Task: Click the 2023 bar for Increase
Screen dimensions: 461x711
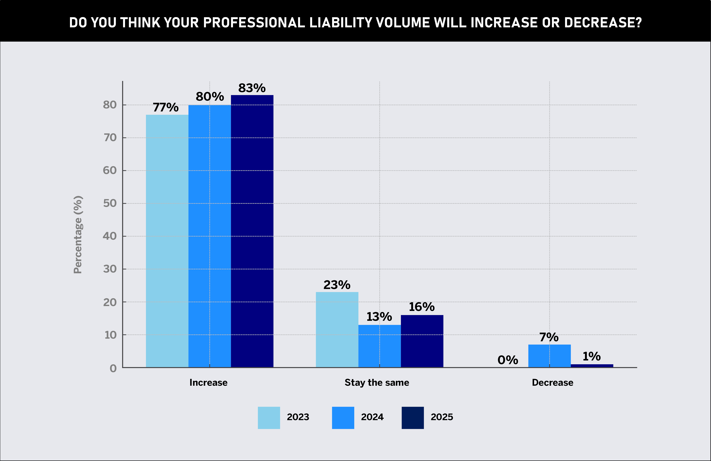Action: (x=167, y=241)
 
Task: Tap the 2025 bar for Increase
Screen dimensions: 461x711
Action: (x=252, y=231)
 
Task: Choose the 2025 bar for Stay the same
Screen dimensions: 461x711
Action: (x=422, y=341)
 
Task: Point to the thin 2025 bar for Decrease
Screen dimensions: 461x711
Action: (x=592, y=366)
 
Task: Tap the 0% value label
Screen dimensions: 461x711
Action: (x=508, y=360)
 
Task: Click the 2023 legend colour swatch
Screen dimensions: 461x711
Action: (x=269, y=418)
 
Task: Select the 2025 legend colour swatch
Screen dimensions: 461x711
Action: (x=413, y=418)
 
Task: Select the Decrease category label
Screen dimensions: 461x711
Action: (x=552, y=383)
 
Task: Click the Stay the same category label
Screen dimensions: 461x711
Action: (x=377, y=383)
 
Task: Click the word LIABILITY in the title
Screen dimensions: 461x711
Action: (x=341, y=23)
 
